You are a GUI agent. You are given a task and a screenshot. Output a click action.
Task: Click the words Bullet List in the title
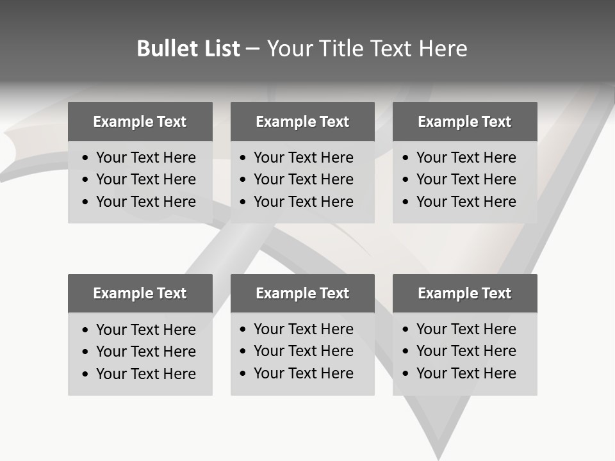[188, 49]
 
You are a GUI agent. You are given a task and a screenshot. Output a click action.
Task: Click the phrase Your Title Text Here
[366, 49]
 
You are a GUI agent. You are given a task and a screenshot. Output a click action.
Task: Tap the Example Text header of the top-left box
[140, 122]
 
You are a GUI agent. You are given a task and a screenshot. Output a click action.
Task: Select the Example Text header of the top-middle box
[302, 122]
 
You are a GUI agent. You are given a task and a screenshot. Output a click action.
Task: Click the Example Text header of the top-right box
[464, 122]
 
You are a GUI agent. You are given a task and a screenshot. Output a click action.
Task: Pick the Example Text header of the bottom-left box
[140, 293]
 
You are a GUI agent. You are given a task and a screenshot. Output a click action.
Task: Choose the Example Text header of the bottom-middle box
[302, 293]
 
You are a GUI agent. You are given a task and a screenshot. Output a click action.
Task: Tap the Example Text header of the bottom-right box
[464, 293]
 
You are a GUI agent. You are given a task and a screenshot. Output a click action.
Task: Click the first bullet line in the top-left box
[145, 158]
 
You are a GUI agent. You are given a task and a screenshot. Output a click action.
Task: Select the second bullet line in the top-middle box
[303, 179]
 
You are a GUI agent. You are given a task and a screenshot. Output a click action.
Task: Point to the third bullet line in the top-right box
[466, 202]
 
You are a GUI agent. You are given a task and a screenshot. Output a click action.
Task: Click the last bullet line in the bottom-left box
[145, 374]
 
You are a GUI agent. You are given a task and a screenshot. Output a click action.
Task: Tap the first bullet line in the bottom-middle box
[303, 329]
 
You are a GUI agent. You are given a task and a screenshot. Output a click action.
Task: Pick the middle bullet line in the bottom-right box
[466, 351]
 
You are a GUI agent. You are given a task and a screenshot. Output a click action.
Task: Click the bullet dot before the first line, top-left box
[85, 158]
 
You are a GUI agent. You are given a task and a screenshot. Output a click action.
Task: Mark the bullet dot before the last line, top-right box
[406, 202]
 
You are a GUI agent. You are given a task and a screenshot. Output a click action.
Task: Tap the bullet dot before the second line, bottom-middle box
[243, 352]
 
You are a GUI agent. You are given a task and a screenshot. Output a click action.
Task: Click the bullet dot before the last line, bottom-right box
[406, 374]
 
